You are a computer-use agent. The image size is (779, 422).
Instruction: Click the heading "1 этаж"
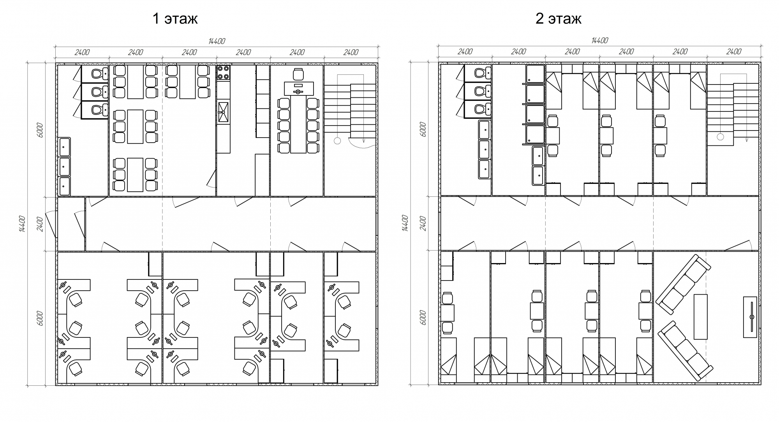click(175, 18)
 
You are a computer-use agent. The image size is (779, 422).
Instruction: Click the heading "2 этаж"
click(558, 18)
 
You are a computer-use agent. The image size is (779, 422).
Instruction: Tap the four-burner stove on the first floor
click(224, 73)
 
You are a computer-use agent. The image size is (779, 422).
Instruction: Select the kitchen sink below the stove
click(224, 112)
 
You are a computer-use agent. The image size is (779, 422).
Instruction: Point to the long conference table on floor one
click(298, 124)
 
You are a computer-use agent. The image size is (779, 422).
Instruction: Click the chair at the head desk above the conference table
click(298, 74)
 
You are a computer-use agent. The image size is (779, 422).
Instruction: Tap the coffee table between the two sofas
click(700, 316)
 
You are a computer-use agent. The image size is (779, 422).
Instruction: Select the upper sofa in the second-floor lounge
click(683, 284)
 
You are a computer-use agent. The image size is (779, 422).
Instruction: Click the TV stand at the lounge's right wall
click(750, 317)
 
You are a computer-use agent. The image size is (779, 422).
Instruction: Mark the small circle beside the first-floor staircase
click(337, 141)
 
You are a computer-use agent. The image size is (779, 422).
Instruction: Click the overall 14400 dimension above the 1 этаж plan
click(217, 41)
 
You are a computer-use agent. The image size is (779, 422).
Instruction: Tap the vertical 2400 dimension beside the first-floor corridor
click(41, 224)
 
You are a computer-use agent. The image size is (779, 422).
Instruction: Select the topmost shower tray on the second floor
click(535, 74)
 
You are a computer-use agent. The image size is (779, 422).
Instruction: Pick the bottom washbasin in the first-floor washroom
click(64, 186)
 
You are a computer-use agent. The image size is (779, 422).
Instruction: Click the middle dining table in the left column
click(135, 127)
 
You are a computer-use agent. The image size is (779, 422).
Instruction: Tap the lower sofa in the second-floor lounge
click(685, 351)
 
